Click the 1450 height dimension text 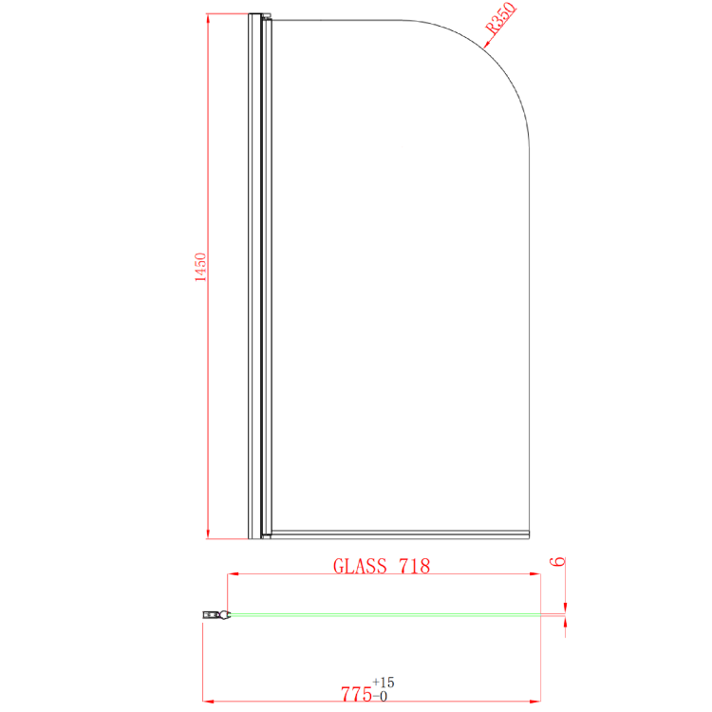click(x=200, y=267)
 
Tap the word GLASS click(x=360, y=566)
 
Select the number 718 click(x=414, y=566)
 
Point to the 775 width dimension click(x=356, y=694)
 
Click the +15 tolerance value click(x=384, y=683)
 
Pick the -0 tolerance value click(x=380, y=697)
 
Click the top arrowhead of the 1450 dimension click(x=208, y=19)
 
